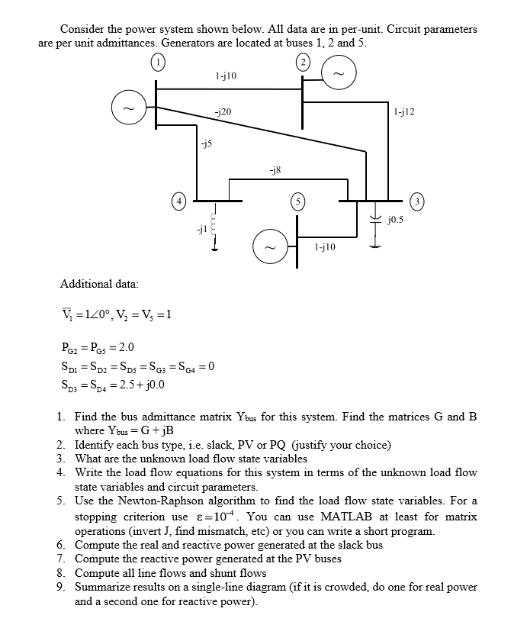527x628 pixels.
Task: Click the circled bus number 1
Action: (157, 62)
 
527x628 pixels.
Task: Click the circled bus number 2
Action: (303, 62)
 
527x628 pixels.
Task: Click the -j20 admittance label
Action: (223, 111)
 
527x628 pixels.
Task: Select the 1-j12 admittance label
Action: (404, 111)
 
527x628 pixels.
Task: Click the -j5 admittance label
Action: (206, 142)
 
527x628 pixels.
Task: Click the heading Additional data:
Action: (99, 284)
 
